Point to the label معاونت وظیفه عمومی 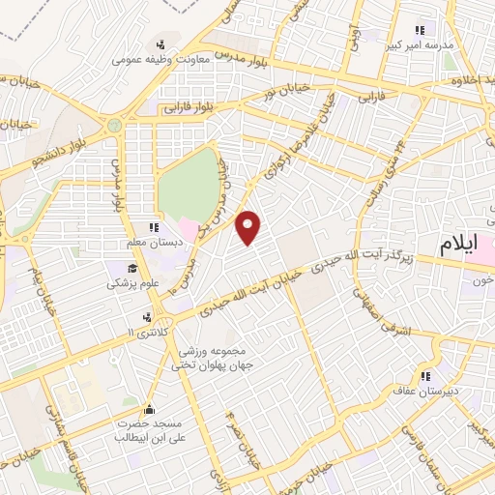tap(159, 58)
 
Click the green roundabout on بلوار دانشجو tap(115, 125)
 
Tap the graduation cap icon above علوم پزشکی tap(129, 268)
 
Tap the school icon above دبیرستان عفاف tap(423, 376)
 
